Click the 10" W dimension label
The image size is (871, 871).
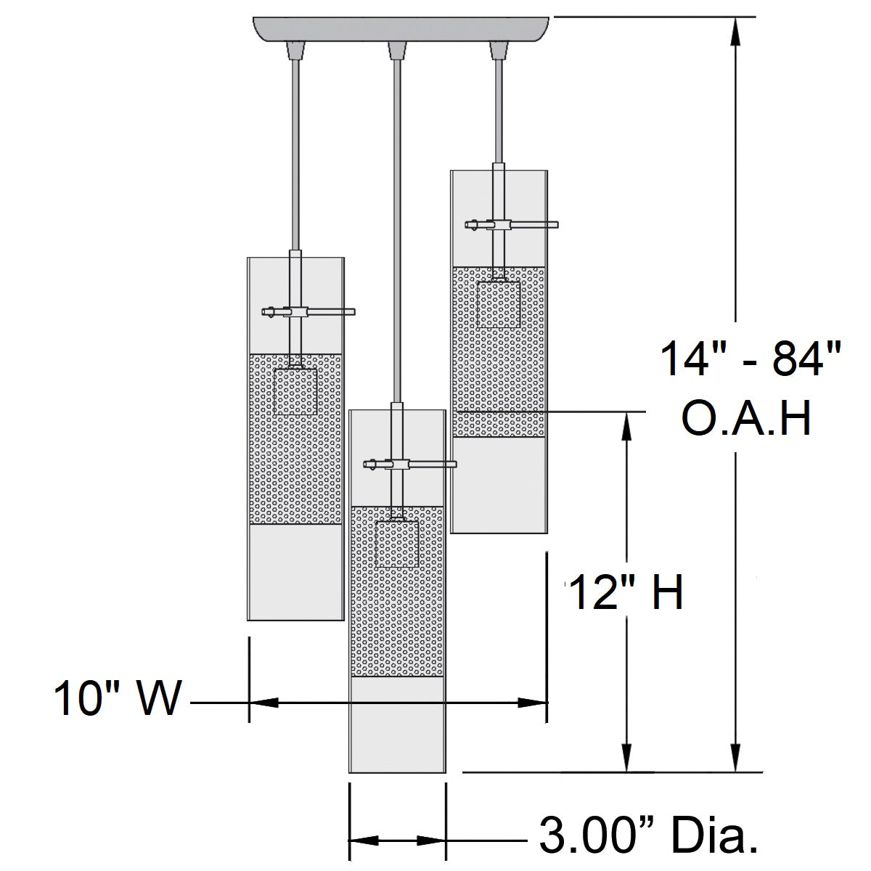pos(118,698)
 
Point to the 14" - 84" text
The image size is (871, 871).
pos(751,359)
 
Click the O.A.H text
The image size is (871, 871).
pos(746,419)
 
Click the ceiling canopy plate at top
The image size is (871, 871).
pos(401,29)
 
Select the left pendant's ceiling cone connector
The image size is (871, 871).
pos(295,51)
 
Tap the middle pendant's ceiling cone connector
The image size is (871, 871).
pos(397,51)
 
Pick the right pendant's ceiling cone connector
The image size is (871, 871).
pos(499,51)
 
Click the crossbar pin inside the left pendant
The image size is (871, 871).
pos(308,311)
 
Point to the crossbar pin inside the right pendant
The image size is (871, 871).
pos(512,224)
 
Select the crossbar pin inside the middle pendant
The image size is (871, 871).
pos(410,464)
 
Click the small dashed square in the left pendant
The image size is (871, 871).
pos(295,392)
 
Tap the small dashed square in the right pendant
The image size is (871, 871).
pos(499,304)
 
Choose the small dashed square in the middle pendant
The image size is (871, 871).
pos(397,544)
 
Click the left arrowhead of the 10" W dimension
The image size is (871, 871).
pos(264,703)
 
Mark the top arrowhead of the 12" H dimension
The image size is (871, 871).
pos(626,426)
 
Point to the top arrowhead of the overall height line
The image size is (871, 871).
pos(736,31)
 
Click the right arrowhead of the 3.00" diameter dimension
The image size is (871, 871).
pos(431,841)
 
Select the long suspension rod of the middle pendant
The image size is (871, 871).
pos(397,231)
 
